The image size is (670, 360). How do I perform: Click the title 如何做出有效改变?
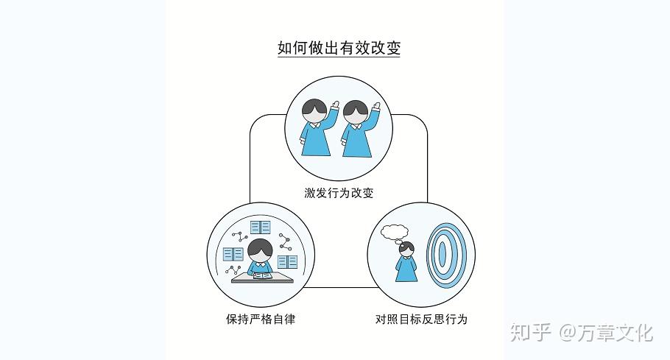(x=338, y=48)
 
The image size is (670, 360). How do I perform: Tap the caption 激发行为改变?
(x=339, y=194)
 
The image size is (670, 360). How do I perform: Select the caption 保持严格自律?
(x=261, y=320)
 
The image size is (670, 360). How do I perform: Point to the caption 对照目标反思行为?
(x=421, y=320)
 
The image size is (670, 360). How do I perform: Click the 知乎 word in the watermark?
(x=530, y=332)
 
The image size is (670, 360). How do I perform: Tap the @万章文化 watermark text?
(x=606, y=332)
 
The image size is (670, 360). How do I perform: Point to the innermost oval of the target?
(x=442, y=253)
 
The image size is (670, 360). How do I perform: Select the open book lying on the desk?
(x=261, y=276)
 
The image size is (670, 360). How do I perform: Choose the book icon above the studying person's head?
(x=260, y=227)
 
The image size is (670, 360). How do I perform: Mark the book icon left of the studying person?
(x=233, y=254)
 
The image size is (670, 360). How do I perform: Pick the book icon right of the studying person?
(x=287, y=261)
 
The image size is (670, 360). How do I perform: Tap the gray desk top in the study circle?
(x=262, y=280)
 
